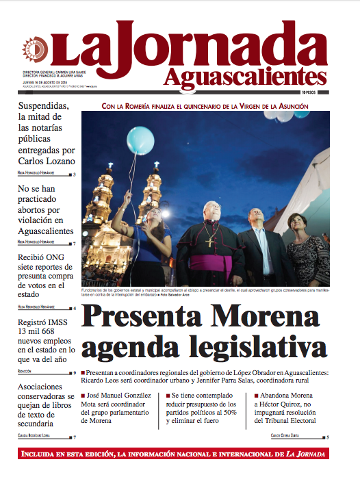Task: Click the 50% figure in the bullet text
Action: (x=236, y=411)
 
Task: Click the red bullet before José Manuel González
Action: (x=83, y=396)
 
